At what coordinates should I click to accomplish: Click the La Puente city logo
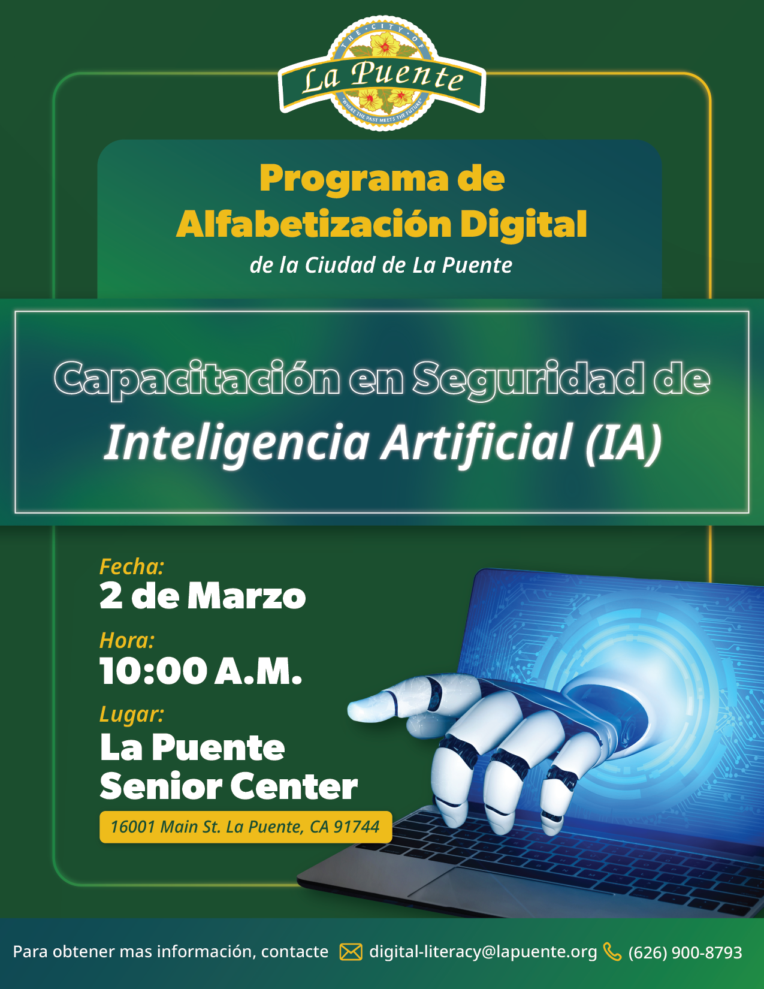[x=382, y=73]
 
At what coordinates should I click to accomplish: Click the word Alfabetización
[x=313, y=224]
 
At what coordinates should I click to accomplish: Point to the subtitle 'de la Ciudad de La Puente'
[x=381, y=266]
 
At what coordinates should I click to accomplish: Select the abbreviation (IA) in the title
[x=623, y=442]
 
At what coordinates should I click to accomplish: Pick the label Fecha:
[x=131, y=566]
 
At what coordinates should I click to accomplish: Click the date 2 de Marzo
[x=203, y=596]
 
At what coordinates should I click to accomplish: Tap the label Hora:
[x=127, y=640]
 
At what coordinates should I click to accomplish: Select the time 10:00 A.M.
[x=201, y=671]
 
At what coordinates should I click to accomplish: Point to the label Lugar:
[x=131, y=714]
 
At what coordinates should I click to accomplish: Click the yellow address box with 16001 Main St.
[x=246, y=827]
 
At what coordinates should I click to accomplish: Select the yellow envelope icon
[x=351, y=952]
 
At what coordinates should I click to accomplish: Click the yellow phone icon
[x=612, y=952]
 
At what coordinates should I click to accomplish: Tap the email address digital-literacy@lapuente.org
[x=483, y=952]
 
